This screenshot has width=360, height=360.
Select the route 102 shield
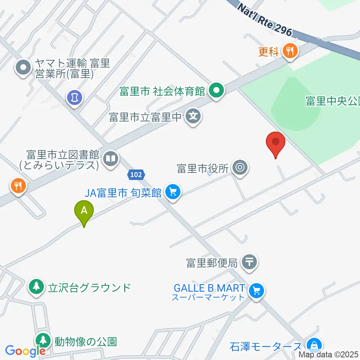coord(136,174)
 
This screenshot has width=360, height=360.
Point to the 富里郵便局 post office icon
coord(250,262)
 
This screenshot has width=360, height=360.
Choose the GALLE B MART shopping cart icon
coord(256,290)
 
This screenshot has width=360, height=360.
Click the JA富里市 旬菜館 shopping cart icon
coord(172,192)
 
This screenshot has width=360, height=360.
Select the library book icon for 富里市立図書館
coord(110,158)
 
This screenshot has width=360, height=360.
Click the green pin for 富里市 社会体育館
coord(216,91)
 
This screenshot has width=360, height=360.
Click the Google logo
coord(25,351)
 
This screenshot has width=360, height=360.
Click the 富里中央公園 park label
coord(332,101)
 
